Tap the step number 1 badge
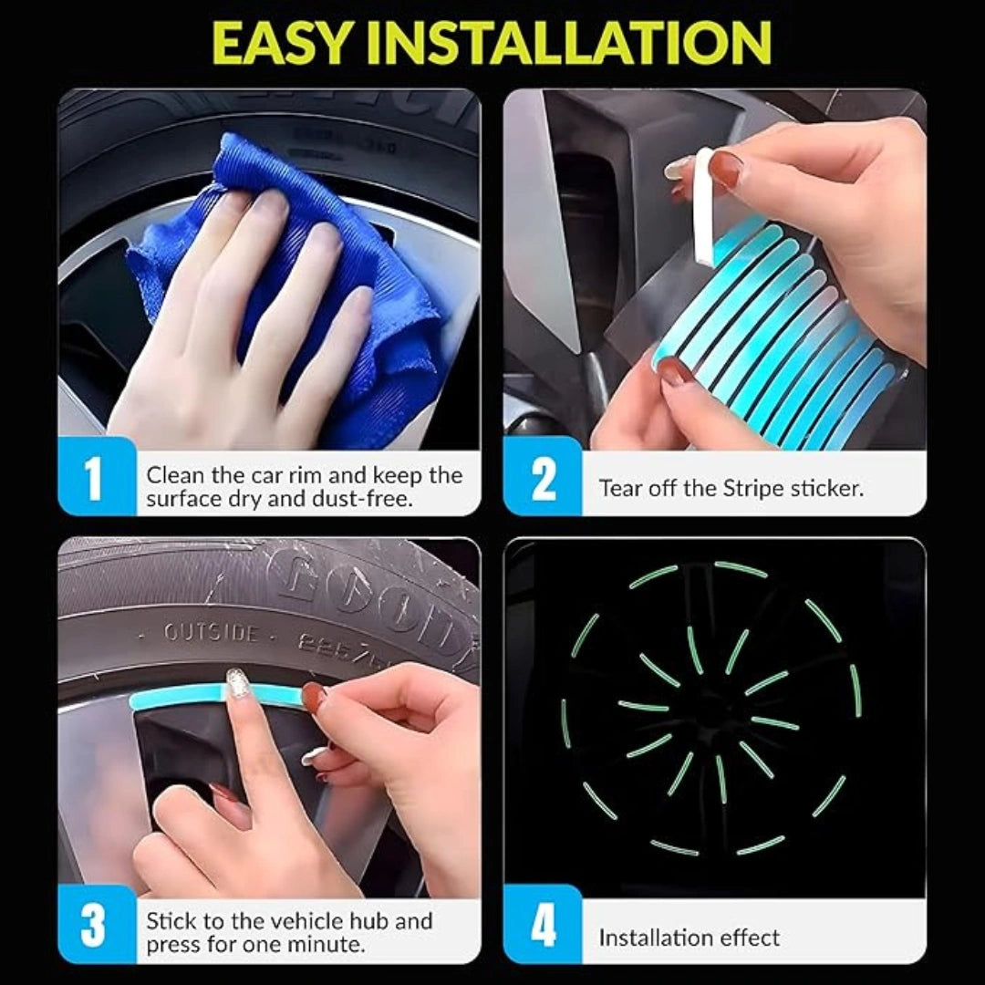[94, 478]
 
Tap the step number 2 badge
[544, 478]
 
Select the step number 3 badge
[94, 924]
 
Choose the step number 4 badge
[544, 924]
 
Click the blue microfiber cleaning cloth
[301, 274]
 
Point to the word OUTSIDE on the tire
[211, 632]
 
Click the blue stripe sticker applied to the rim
[182, 700]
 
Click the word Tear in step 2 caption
[620, 488]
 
